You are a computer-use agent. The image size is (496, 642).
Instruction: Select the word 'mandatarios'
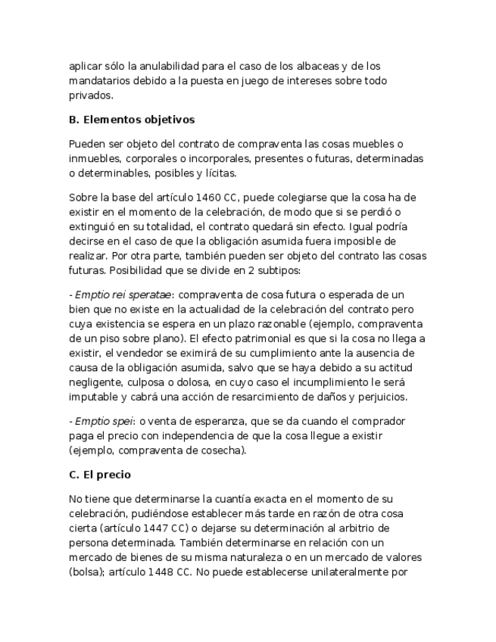[99, 80]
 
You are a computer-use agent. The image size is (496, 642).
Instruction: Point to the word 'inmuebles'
[94, 159]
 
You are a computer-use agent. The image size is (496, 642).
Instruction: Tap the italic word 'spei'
[111, 421]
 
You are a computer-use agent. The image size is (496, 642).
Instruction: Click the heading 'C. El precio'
[99, 475]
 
